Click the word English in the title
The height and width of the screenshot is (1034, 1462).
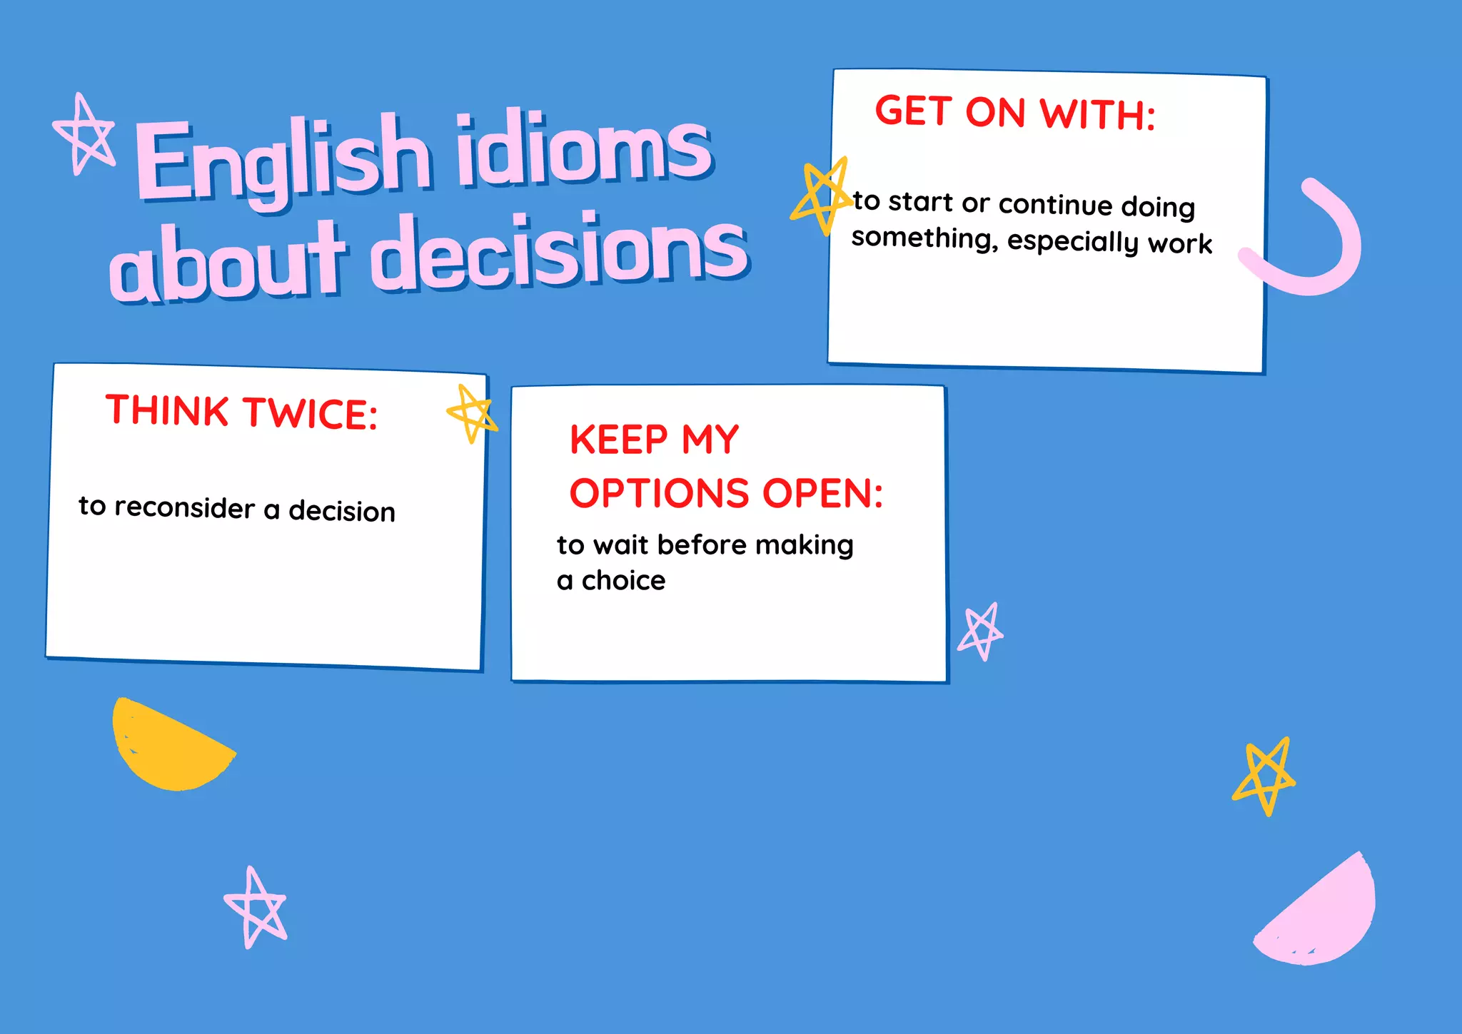(x=282, y=161)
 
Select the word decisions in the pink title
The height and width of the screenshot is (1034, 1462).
(x=560, y=253)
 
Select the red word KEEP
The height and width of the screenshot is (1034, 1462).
(x=618, y=440)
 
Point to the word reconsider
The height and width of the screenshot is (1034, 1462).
(x=184, y=507)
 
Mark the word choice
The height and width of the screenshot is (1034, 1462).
(x=623, y=581)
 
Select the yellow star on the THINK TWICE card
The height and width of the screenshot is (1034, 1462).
(x=472, y=413)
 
